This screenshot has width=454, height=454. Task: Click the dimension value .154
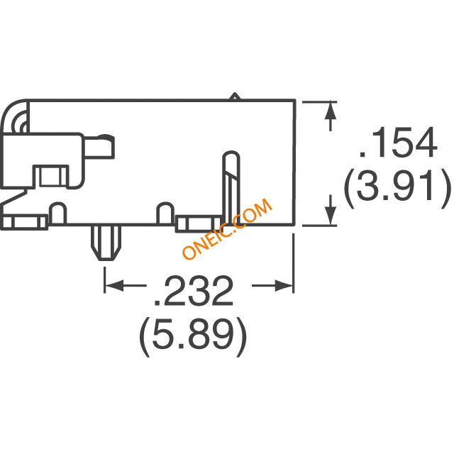(397, 142)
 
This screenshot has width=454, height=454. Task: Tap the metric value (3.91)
(397, 186)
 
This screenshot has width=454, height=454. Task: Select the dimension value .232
(194, 290)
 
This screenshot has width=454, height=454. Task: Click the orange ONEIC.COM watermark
(228, 228)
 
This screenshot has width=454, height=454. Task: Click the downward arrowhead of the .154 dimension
(331, 216)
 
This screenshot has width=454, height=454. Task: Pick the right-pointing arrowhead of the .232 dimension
(284, 285)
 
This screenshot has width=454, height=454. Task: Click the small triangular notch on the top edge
(235, 96)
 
